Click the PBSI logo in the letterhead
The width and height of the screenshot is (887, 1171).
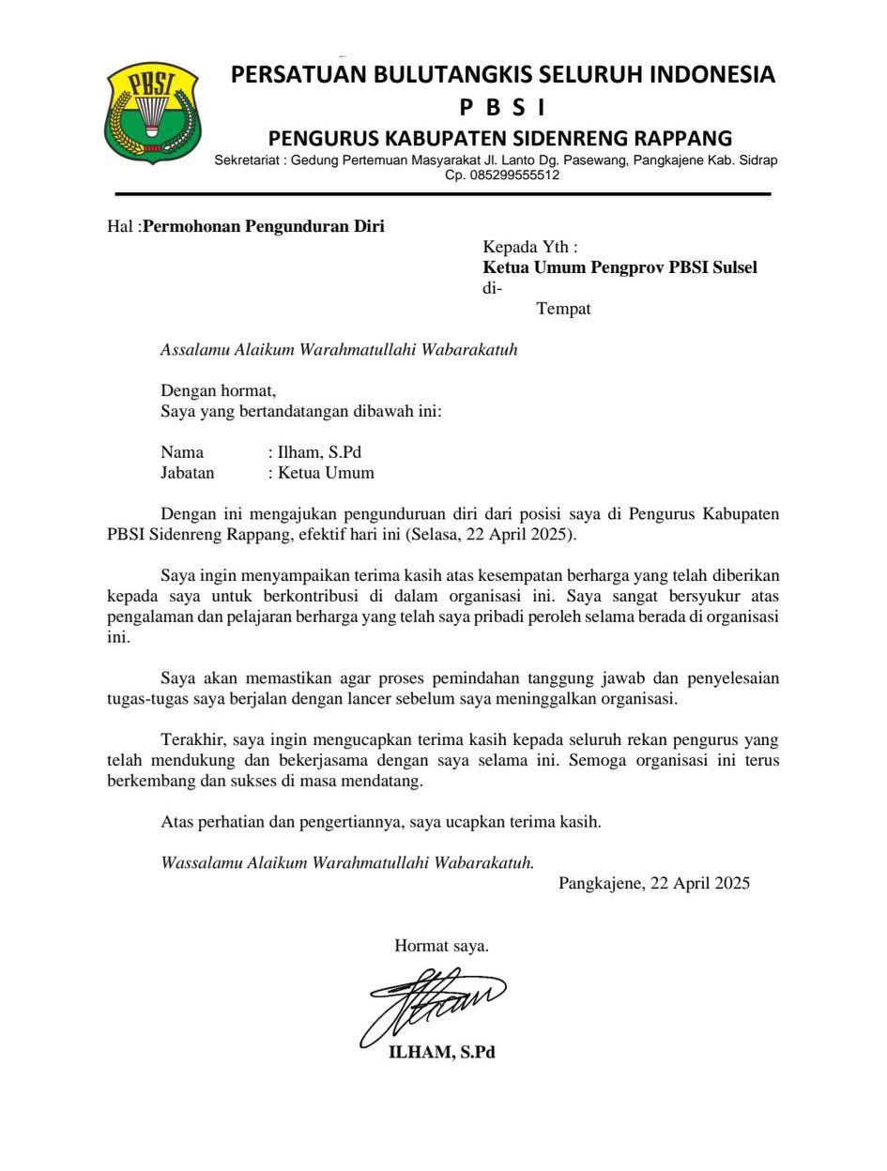152,113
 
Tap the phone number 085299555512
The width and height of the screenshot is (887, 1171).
502,175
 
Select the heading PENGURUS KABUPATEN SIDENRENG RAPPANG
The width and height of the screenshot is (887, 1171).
500,139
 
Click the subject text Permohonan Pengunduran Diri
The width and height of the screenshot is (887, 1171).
263,226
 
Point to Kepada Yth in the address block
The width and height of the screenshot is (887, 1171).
529,248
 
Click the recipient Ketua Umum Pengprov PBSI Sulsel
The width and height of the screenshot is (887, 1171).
619,267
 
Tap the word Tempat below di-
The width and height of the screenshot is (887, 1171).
563,309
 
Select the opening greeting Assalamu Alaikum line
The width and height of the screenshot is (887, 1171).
339,350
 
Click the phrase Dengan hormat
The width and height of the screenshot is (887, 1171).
219,390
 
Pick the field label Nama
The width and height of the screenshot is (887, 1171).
182,452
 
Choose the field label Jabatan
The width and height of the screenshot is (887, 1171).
188,473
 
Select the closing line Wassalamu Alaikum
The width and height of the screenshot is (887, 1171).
347,862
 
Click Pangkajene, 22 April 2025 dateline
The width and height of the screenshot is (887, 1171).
654,883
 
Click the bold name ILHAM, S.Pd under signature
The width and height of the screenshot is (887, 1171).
442,1053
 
